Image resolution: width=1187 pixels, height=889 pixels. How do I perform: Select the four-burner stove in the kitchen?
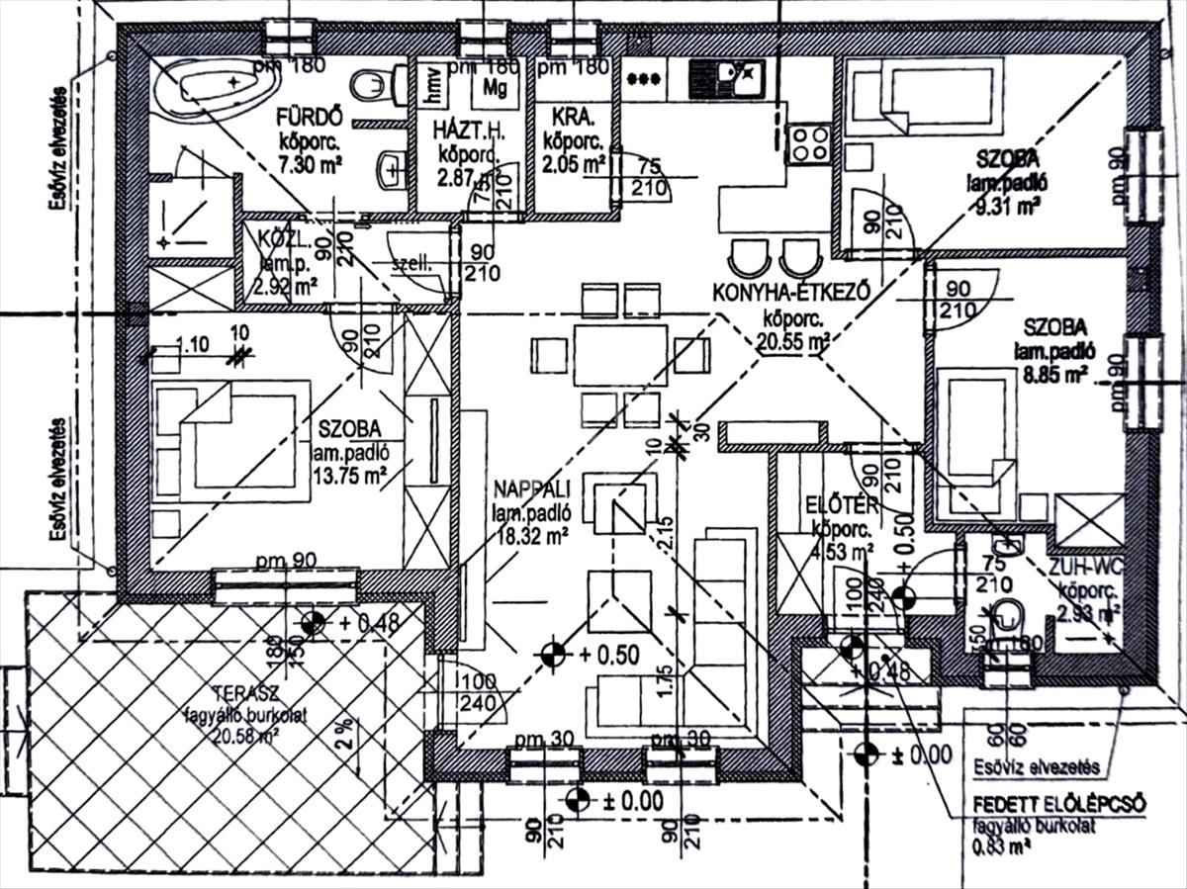point(808,144)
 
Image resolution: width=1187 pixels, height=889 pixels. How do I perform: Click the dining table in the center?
point(620,348)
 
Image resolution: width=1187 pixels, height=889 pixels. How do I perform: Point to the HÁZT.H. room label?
point(469,131)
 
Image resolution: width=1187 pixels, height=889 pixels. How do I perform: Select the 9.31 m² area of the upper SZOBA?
point(1007,207)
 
